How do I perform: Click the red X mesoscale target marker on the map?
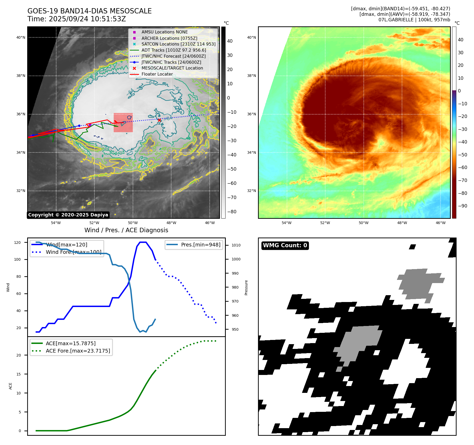point(159,120)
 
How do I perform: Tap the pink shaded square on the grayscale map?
point(123,123)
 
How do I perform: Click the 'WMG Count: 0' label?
point(285,245)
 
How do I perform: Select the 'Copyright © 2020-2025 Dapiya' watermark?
point(68,215)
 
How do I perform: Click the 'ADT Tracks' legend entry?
point(174,50)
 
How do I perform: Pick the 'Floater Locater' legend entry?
point(157,74)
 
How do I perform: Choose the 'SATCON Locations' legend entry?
point(178,44)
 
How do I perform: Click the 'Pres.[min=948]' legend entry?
point(200,245)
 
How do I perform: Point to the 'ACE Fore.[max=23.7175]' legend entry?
point(78,351)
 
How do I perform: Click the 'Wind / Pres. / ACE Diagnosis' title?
point(126,230)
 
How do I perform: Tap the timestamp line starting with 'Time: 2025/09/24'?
point(76,19)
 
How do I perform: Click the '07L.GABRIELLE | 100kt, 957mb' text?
point(414,20)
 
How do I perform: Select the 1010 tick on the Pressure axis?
point(236,245)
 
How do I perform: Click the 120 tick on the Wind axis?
point(17,243)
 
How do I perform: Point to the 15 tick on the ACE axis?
point(18,374)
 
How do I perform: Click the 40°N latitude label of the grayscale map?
point(21,37)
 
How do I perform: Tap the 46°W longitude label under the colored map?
point(440,223)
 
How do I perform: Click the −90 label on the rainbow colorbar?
point(462,206)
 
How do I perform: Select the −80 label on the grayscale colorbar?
point(232,212)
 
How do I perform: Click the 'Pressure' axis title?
point(246,288)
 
